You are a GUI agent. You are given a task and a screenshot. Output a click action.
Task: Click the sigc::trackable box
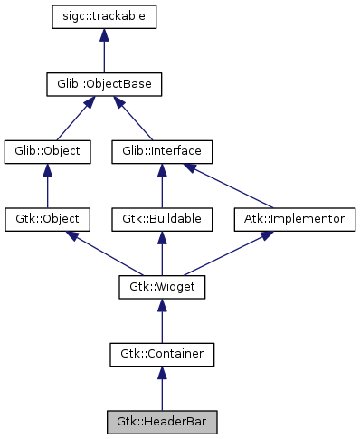pyautogui.click(x=105, y=16)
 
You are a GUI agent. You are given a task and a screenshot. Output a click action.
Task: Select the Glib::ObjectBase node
pyautogui.click(x=105, y=84)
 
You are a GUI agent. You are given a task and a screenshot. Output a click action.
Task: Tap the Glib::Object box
pyautogui.click(x=48, y=151)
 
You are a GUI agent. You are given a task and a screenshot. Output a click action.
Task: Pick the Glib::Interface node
pyautogui.click(x=161, y=151)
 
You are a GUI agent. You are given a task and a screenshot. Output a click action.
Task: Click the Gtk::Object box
pyautogui.click(x=48, y=219)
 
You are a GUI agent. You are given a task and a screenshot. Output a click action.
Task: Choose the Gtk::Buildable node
pyautogui.click(x=161, y=219)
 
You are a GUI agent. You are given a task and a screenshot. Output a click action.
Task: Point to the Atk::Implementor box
pyautogui.click(x=295, y=219)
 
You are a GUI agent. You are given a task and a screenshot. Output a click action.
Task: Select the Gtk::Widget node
pyautogui.click(x=161, y=287)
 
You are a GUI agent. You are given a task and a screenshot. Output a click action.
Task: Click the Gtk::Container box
pyautogui.click(x=161, y=354)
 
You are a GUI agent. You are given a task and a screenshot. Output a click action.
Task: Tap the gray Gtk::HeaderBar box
pyautogui.click(x=161, y=422)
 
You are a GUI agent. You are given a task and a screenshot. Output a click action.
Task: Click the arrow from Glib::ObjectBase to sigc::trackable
pyautogui.click(x=105, y=51)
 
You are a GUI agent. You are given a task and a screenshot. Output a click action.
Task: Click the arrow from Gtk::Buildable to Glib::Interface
pyautogui.click(x=161, y=186)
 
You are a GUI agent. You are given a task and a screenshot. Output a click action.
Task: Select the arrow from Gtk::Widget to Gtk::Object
pyautogui.click(x=104, y=253)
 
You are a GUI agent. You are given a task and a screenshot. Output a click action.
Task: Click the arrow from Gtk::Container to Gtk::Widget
pyautogui.click(x=161, y=320)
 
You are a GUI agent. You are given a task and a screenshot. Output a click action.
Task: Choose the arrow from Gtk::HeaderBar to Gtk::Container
pyautogui.click(x=161, y=388)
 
